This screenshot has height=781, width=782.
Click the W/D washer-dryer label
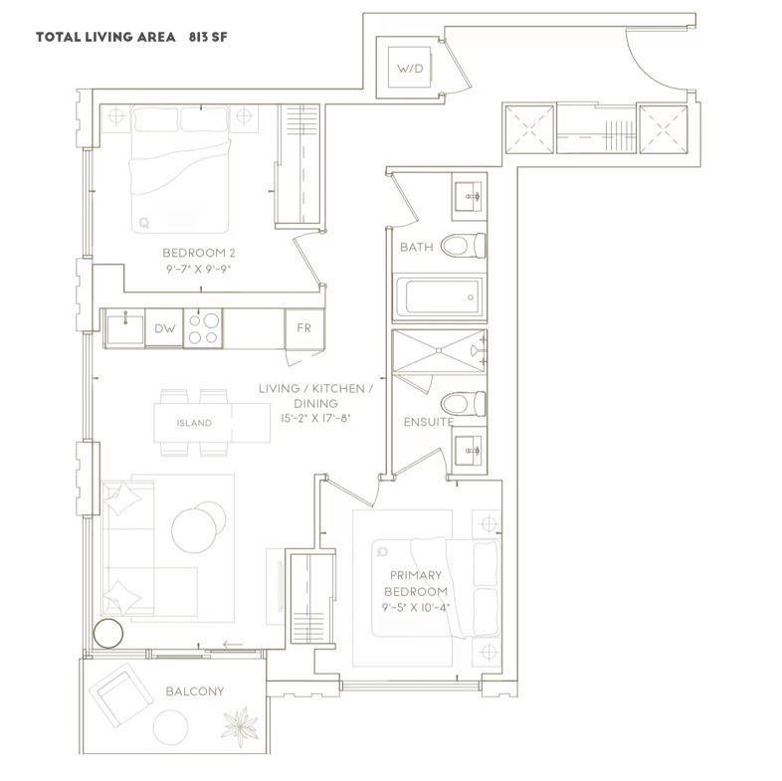pos(410,69)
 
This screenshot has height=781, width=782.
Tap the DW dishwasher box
pos(164,328)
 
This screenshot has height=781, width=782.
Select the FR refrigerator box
pos(303,328)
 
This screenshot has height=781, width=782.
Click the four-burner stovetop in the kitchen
pos(203,328)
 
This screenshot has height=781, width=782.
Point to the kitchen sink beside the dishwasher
pos(125,328)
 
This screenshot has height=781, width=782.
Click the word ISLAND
pos(194,423)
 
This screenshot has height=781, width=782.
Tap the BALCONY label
pos(194,691)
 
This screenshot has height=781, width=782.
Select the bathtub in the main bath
pos(439,297)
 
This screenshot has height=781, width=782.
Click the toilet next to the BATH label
pos(463,246)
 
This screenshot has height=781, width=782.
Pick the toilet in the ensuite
pos(463,404)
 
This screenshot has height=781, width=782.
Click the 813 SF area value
pos(208,37)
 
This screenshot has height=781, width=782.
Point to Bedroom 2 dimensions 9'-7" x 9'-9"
pos(199,270)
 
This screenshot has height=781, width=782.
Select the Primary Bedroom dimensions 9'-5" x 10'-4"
pos(416,608)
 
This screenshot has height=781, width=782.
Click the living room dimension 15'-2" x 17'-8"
pos(315,418)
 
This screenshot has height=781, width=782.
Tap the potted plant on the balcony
pos(240,725)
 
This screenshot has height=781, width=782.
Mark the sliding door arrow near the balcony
pos(234,645)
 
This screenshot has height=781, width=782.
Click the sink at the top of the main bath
pos(469,197)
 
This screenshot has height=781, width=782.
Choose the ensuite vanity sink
pos(469,451)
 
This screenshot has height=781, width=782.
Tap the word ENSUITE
pos(429,422)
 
